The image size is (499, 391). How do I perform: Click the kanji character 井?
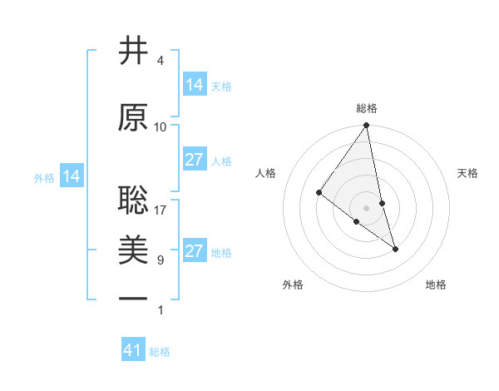pos(134,52)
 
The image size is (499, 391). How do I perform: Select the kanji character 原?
pos(134,117)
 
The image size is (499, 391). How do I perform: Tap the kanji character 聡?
pos(134,200)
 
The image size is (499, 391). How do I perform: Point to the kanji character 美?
pos(134,250)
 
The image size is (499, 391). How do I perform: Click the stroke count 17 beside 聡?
pos(161,210)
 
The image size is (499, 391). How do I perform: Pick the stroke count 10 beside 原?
pos(161,127)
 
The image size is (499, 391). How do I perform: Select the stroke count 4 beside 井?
pos(161,61)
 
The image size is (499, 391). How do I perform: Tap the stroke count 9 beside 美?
pos(161,260)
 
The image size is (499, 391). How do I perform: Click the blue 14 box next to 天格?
pos(195,85)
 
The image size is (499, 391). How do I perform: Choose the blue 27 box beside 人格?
pos(195,160)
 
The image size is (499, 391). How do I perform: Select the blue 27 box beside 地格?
pos(195,251)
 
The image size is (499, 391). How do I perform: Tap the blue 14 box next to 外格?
pos(71,176)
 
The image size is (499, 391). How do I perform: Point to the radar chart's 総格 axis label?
pos(367,108)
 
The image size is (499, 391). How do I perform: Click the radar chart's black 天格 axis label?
pos(468,173)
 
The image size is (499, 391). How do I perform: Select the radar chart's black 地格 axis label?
pos(436,285)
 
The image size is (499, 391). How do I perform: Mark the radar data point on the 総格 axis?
pos(367,126)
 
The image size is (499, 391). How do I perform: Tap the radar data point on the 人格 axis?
pos(319,193)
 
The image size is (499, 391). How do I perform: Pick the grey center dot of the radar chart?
pos(367,207)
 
